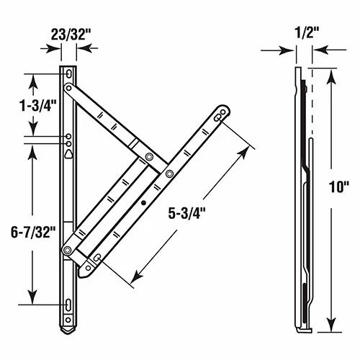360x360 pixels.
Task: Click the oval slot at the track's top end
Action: pos(68,74)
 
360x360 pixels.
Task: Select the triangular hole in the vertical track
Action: pos(68,153)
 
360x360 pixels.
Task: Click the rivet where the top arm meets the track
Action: pos(68,89)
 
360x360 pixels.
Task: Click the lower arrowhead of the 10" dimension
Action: pos(330,326)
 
